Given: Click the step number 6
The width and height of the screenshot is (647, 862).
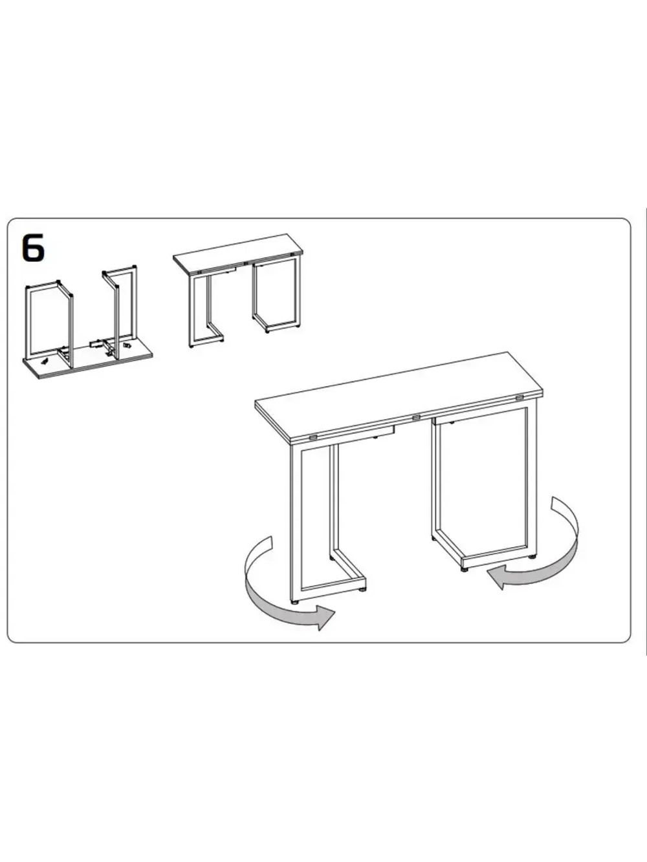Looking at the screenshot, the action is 34,248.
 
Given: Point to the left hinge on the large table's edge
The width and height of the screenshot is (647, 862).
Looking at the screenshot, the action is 314,437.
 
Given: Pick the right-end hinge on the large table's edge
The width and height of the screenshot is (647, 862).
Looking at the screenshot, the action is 520,398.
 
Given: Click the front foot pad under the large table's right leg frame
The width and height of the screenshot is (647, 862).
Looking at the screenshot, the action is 463,568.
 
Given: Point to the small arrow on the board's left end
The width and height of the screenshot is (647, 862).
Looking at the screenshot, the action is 45,360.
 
